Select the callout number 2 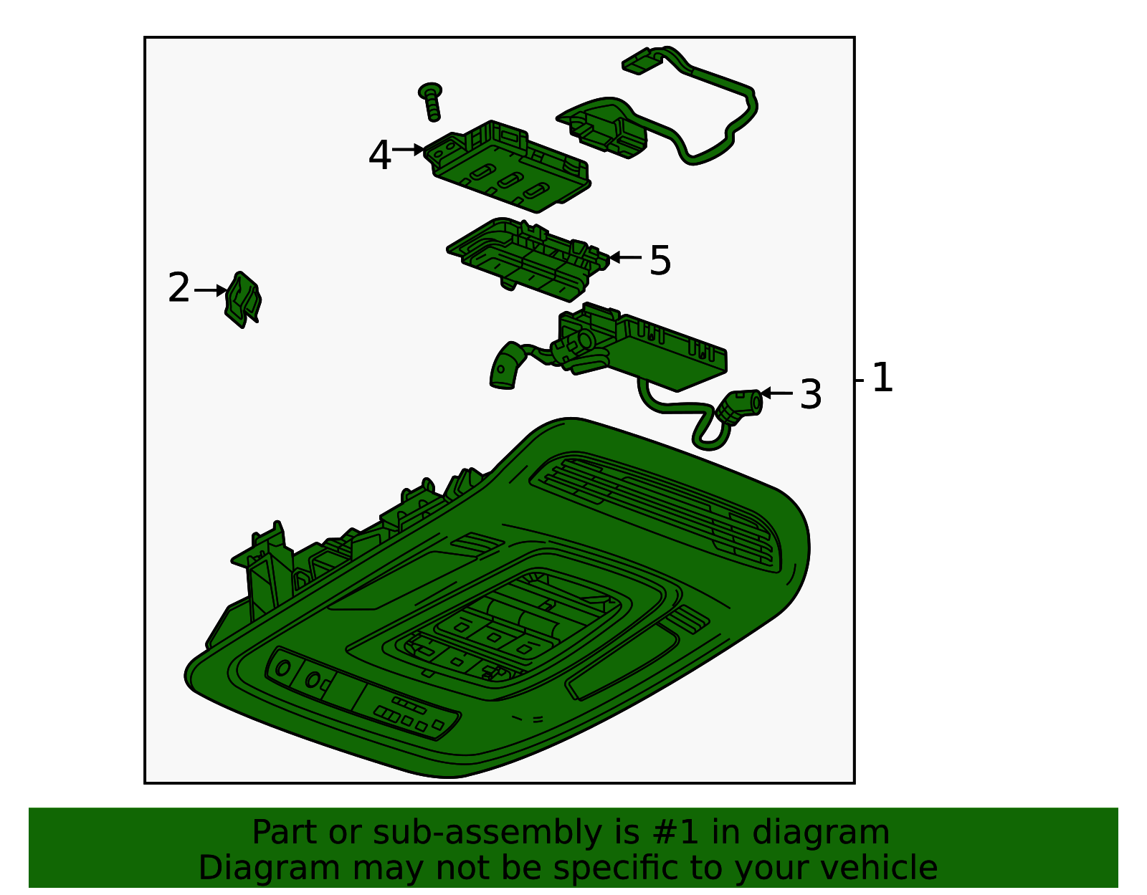tap(179, 289)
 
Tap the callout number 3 tap(810, 395)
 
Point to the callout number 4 tap(379, 155)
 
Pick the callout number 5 tap(660, 260)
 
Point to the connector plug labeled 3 tap(742, 406)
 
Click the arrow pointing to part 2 tap(211, 290)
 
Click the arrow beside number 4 tap(409, 150)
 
